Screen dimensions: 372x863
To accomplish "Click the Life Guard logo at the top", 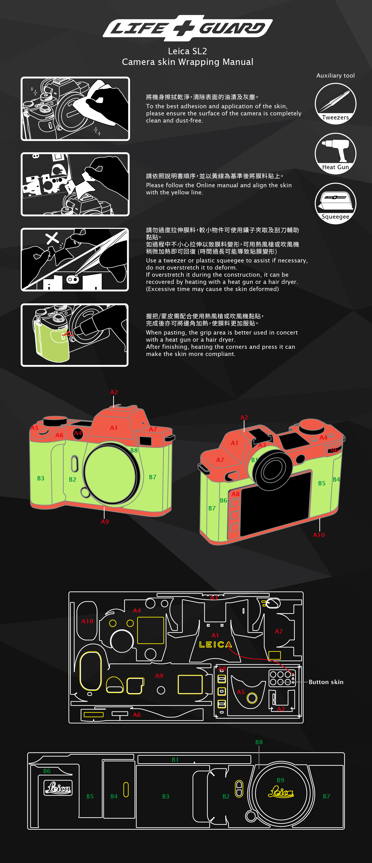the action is coord(187,28).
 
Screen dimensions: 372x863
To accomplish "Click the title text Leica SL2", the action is coord(187,51).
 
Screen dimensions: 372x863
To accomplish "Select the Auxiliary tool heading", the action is coord(335,76).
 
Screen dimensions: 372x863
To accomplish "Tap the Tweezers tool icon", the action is coord(335,104).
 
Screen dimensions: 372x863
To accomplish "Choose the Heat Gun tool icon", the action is coord(335,153).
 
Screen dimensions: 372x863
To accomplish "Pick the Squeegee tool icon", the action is coord(335,203).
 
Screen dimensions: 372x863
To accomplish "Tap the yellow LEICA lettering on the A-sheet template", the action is coord(215,645).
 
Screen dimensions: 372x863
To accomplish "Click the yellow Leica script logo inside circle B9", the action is coord(281,792).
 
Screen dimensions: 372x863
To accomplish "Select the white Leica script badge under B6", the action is coord(58,788).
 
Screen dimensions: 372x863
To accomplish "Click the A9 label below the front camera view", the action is coord(105,522).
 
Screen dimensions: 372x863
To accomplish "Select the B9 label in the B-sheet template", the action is coord(280,780).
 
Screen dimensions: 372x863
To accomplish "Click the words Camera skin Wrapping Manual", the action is coord(187,62).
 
